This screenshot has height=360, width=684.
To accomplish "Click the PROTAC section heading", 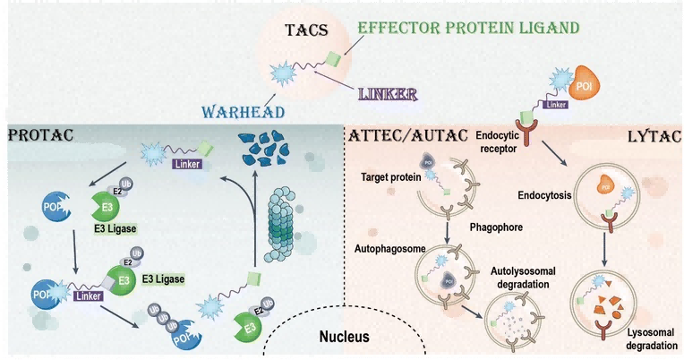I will pos(40,135).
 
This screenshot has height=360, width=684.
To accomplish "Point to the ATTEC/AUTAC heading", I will pos(395,135).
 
